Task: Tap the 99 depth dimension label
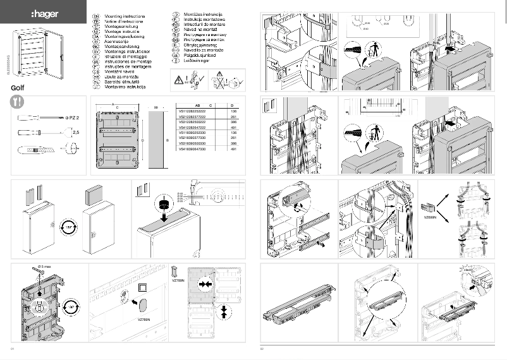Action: coord(155,108)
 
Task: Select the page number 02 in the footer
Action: coord(262,347)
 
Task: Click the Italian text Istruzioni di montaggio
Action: coord(126,57)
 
